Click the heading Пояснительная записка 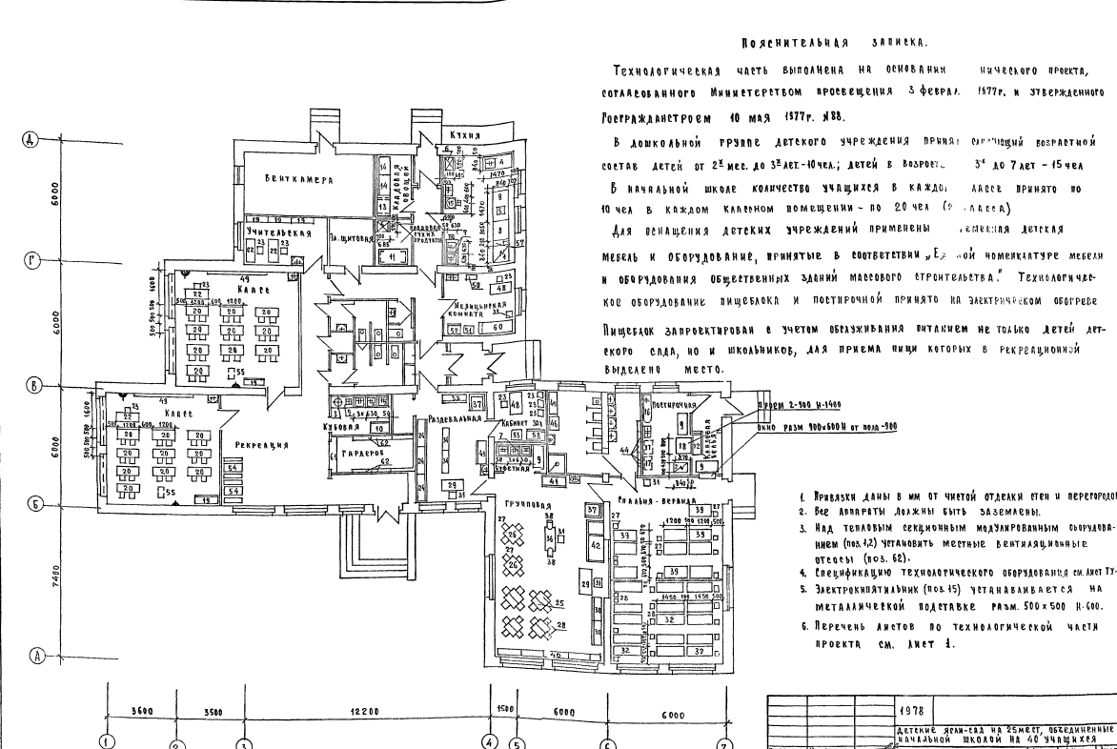[x=834, y=43]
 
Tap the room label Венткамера [x=297, y=177]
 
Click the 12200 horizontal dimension [x=366, y=711]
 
